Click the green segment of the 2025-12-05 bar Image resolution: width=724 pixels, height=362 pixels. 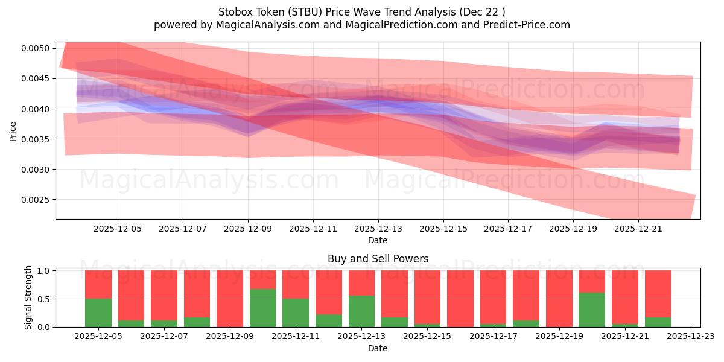(x=98, y=313)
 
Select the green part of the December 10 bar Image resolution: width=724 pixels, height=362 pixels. (x=262, y=308)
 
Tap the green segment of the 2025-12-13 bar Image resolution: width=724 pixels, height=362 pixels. (x=361, y=311)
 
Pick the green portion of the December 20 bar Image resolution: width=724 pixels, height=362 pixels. (x=591, y=310)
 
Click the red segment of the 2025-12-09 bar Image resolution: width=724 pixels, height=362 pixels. (x=230, y=298)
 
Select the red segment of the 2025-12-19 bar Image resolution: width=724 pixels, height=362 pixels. (x=559, y=298)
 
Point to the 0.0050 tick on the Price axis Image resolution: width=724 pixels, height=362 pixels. (x=38, y=48)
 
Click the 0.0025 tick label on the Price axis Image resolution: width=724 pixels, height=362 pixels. (x=38, y=200)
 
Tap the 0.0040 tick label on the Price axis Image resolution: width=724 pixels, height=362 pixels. (x=38, y=109)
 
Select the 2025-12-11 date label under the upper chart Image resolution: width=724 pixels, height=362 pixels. (x=313, y=229)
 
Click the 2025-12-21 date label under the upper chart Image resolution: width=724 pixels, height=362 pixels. (x=639, y=229)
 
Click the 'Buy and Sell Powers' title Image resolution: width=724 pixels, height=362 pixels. (x=378, y=259)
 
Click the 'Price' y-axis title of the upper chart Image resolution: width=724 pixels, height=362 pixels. (x=13, y=131)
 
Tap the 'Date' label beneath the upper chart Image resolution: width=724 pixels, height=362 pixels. (x=378, y=240)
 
